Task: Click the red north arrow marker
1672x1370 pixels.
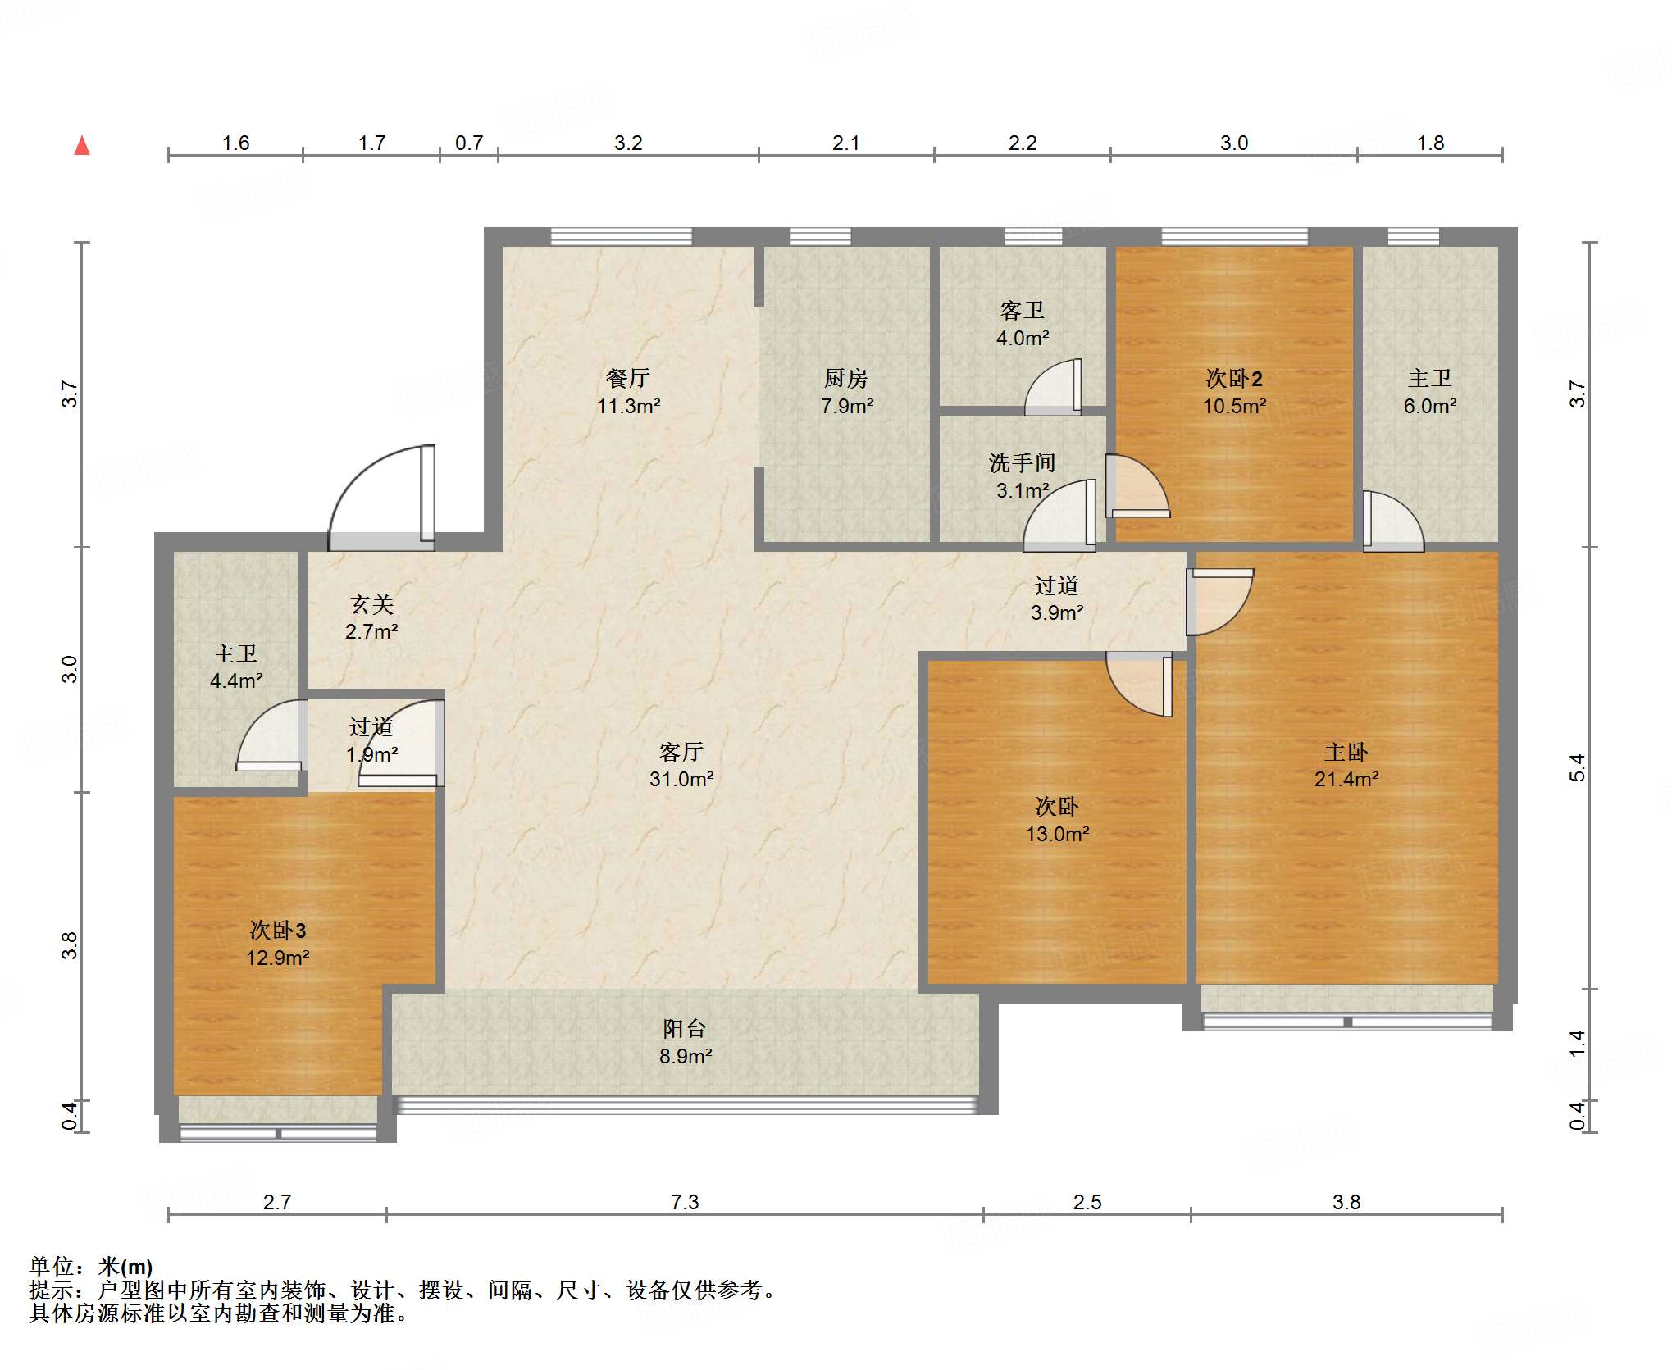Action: coord(82,146)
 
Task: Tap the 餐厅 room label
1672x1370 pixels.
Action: coord(628,378)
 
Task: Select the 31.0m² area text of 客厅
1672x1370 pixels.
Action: coord(681,779)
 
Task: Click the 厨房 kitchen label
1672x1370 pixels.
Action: coord(846,378)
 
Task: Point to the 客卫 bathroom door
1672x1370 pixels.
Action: coord(1053,387)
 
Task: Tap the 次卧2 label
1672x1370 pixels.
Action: coord(1234,378)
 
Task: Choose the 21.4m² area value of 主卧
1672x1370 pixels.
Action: coord(1346,779)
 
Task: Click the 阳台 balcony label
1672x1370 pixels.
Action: coord(685,1028)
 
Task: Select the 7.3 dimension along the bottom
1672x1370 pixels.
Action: coord(685,1202)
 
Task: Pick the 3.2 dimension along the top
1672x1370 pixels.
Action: coord(628,143)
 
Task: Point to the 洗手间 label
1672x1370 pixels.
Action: coord(1022,463)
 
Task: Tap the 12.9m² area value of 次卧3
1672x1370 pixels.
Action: coord(278,958)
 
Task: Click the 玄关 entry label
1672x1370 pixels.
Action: coord(372,604)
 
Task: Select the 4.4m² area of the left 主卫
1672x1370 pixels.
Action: coord(236,680)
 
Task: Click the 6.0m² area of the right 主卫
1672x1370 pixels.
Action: coord(1430,406)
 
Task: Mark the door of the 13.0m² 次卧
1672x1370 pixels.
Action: coord(1140,684)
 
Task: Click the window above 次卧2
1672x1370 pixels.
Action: coord(1235,237)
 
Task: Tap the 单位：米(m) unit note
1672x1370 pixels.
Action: coord(91,1267)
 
